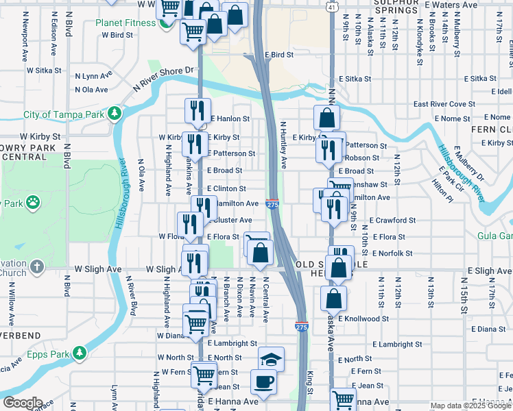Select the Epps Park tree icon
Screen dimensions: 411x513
pos(80,353)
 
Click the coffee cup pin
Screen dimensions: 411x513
pos(263,380)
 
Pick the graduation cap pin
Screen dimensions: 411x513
pos(271,358)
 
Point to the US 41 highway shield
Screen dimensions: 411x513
pos(331,6)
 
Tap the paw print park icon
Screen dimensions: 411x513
pos(33,203)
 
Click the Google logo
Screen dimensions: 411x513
pos(23,403)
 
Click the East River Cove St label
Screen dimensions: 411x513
pos(444,104)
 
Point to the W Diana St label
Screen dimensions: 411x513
pos(171,336)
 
